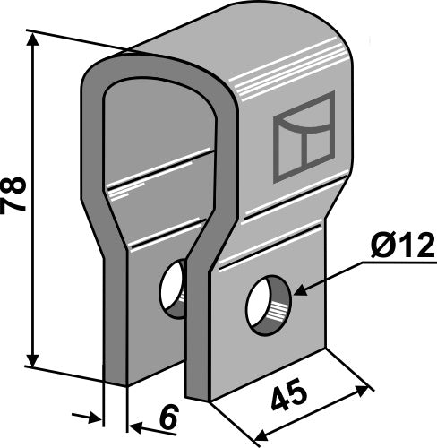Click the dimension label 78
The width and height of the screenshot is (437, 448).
14,194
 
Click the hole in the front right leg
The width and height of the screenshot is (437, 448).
268,306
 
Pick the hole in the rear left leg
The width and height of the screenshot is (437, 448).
173,289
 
